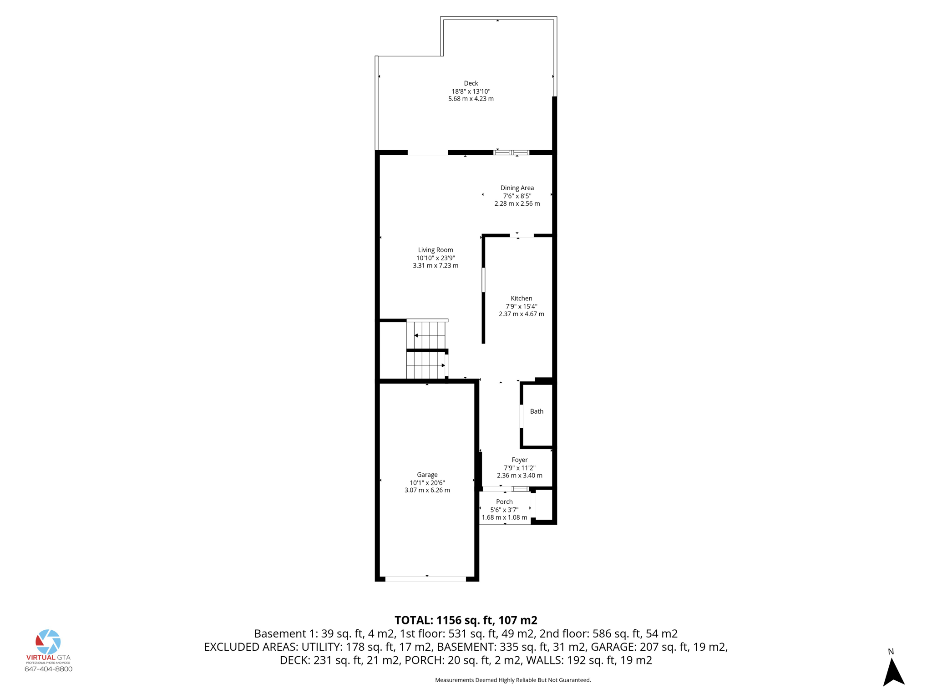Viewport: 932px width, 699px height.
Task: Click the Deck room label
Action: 471,83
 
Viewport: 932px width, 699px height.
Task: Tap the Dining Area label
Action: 517,188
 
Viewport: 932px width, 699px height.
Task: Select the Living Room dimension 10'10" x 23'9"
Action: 436,258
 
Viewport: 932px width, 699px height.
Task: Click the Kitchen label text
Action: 521,299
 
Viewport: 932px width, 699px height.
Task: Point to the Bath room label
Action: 537,411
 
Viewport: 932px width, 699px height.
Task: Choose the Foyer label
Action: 519,460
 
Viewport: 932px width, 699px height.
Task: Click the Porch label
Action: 504,502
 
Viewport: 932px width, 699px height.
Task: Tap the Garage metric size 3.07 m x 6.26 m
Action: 427,491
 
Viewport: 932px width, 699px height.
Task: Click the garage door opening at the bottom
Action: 425,579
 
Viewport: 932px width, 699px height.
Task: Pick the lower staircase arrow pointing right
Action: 442,365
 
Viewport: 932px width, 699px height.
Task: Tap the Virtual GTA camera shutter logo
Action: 48,642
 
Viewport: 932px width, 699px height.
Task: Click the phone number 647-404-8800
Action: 48,669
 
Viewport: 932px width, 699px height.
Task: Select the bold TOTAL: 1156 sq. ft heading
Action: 466,620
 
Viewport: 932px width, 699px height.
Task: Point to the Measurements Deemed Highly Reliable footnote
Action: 512,680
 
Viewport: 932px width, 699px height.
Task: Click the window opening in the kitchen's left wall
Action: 483,280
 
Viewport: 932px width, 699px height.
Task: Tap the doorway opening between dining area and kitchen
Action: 522,235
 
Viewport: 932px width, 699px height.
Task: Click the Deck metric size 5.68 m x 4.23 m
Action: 471,99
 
